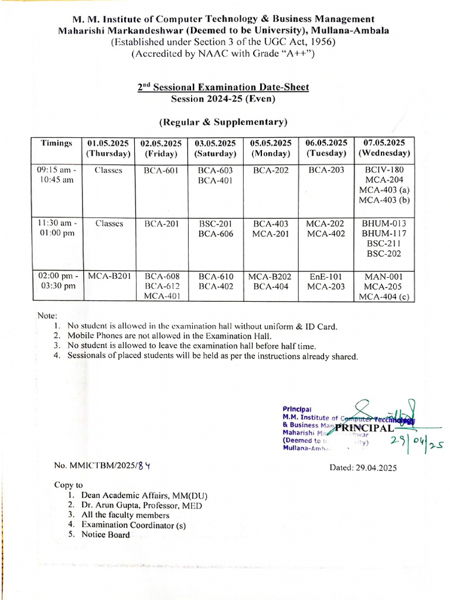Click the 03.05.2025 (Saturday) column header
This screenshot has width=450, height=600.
tap(215, 148)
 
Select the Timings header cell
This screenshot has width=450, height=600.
tap(57, 144)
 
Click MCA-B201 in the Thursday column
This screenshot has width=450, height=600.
tap(109, 276)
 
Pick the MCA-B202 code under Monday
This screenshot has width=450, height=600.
tap(270, 276)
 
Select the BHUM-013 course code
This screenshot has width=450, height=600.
tap(384, 223)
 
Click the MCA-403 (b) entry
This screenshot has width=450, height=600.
tap(384, 200)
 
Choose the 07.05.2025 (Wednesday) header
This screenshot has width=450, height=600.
tap(384, 148)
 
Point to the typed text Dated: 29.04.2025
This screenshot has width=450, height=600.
tap(364, 468)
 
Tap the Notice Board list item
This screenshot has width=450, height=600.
tap(106, 535)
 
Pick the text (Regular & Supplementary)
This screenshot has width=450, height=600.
tap(223, 122)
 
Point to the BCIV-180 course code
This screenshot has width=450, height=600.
tap(384, 171)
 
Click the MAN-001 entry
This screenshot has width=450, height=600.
tap(384, 276)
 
